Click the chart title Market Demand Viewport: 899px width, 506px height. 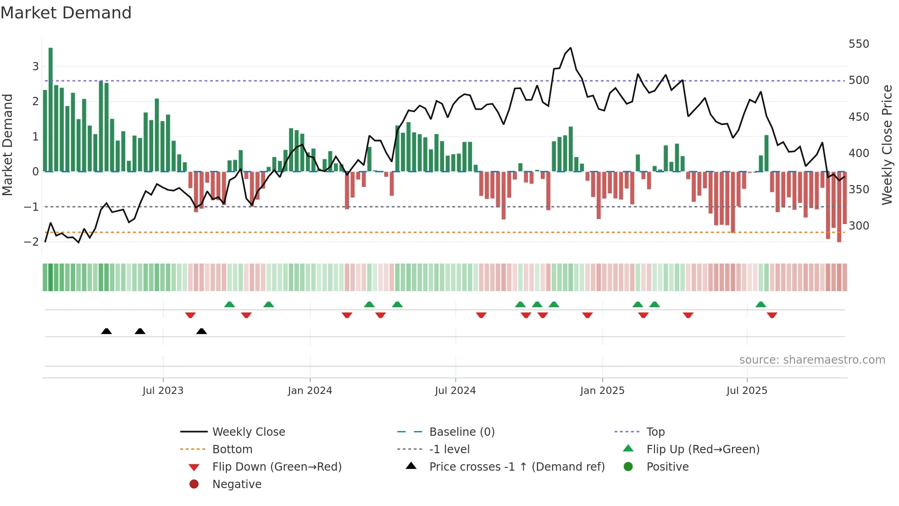coord(66,13)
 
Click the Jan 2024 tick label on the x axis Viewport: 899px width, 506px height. coord(310,391)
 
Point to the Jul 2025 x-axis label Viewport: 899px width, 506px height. coord(746,391)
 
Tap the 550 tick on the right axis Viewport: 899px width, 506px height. coord(859,44)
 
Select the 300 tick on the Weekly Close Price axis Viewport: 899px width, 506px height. coord(859,226)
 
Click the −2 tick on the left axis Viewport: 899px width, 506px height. coord(31,242)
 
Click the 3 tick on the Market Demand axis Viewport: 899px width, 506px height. coord(35,67)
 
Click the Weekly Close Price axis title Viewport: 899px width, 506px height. coord(887,145)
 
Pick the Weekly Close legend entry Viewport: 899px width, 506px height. coord(248,432)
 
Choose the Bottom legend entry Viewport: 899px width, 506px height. coord(232,450)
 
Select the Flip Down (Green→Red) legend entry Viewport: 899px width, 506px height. coord(277,467)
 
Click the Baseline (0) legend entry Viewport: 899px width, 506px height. coord(461,432)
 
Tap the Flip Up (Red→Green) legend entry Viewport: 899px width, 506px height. coord(703,450)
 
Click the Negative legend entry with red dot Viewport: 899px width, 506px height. coord(237,484)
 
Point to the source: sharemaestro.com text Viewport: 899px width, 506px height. coord(812,360)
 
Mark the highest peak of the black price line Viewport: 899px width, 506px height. coord(571,48)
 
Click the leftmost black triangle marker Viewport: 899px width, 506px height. coord(106,331)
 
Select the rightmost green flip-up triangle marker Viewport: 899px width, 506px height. coord(760,304)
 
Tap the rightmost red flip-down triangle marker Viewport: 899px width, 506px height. coord(772,315)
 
